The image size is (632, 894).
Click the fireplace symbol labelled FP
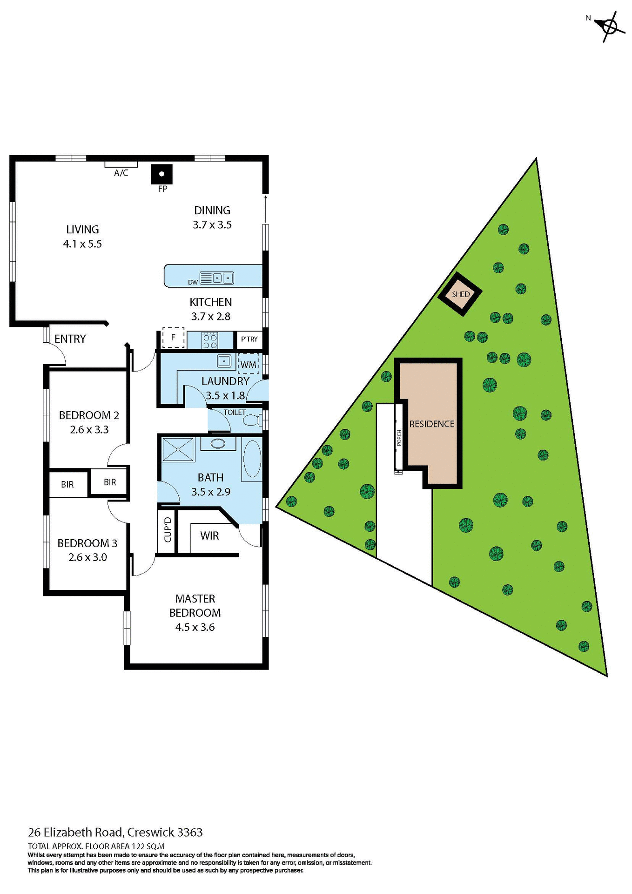161,175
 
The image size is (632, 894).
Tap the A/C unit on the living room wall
121,164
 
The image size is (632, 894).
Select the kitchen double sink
223,278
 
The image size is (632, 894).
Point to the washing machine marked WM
248,364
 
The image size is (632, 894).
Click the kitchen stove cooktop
210,340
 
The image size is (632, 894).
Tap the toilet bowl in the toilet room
252,420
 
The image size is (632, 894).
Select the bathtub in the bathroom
252,459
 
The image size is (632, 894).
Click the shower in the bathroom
178,449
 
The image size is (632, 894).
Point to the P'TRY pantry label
249,339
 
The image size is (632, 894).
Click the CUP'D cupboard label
168,530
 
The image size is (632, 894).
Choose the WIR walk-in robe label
209,535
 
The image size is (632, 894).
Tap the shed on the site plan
461,294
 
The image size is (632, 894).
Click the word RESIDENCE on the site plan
431,424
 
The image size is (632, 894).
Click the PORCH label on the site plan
399,438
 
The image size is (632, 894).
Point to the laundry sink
224,361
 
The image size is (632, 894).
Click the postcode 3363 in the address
190,832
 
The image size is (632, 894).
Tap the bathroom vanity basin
218,443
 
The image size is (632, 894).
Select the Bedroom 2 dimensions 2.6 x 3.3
89,429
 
